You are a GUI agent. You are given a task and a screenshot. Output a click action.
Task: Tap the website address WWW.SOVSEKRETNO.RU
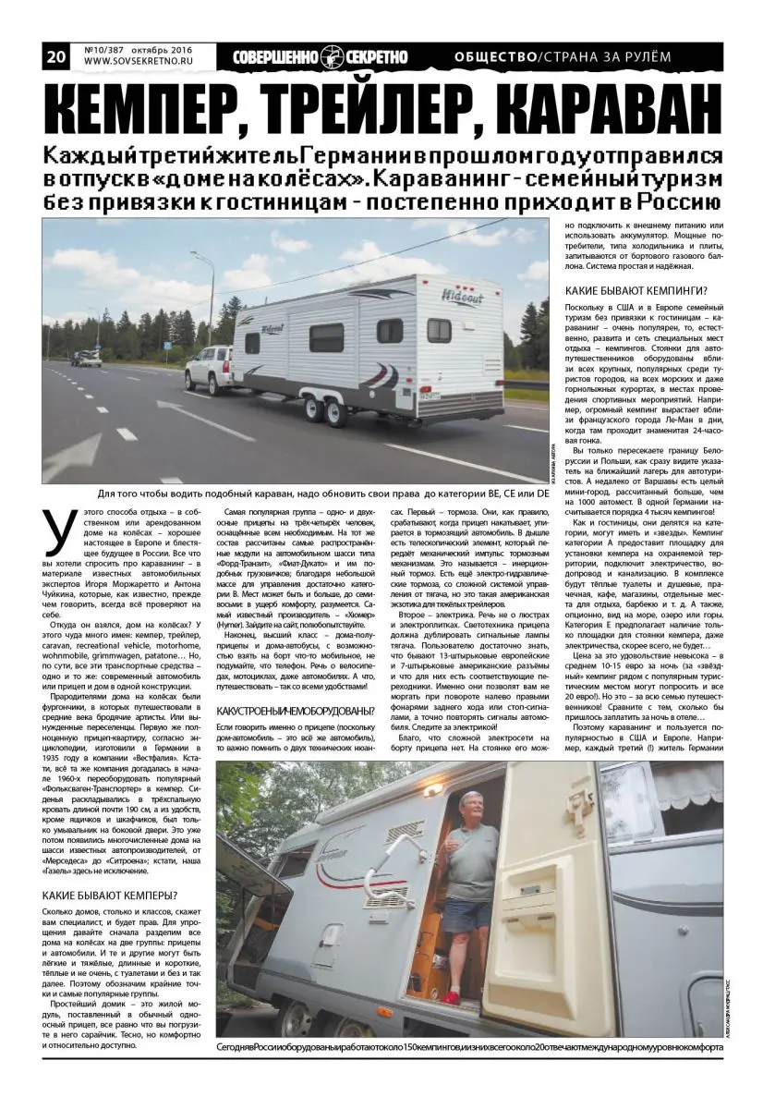click(135, 63)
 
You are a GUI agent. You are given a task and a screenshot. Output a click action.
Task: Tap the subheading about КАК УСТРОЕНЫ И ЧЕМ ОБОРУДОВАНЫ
click(296, 711)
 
